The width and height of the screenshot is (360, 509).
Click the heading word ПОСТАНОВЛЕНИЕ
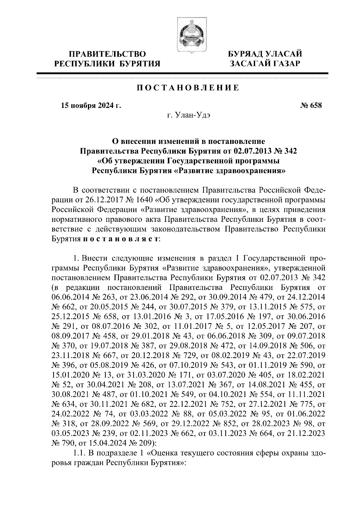[x=188, y=88]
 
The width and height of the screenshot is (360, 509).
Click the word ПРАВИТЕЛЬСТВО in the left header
[x=108, y=54]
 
